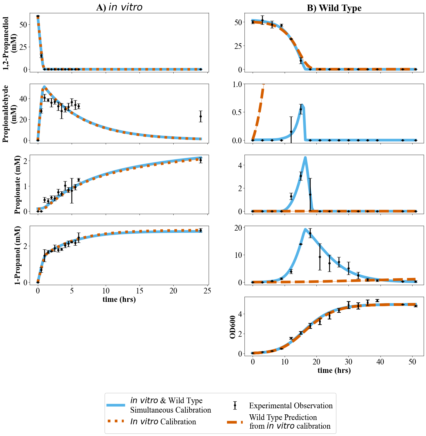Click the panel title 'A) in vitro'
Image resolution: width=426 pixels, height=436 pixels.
tap(119, 7)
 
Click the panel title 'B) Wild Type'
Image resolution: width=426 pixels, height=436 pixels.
tap(334, 8)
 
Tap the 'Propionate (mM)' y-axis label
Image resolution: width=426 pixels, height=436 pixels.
tap(17, 185)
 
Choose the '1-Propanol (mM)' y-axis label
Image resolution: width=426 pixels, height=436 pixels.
tap(17, 255)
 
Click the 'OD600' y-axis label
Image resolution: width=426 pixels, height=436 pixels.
tap(232, 327)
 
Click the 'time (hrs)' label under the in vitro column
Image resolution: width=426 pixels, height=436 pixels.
tap(119, 299)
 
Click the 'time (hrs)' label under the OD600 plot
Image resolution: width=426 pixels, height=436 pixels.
tap(334, 370)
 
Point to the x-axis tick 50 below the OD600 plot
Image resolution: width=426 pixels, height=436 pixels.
tap(412, 362)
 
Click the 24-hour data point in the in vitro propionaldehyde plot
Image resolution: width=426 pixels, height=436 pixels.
tap(201, 116)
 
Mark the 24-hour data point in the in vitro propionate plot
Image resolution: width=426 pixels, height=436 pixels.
tap(201, 160)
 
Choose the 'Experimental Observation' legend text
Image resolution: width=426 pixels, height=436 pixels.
tap(291, 406)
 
